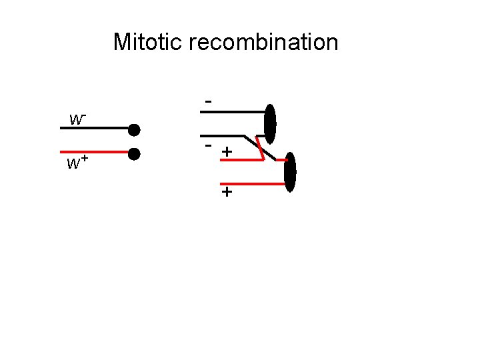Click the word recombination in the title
tap(263, 43)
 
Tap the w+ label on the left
tap(78, 163)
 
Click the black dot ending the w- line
tap(134, 129)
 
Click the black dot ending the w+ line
tap(134, 154)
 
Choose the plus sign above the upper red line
tap(227, 152)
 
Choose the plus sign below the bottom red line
tap(227, 193)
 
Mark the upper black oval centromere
tap(270, 123)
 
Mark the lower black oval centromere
tap(289, 172)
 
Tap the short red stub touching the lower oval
tap(281, 160)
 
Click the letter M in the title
tap(121, 42)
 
